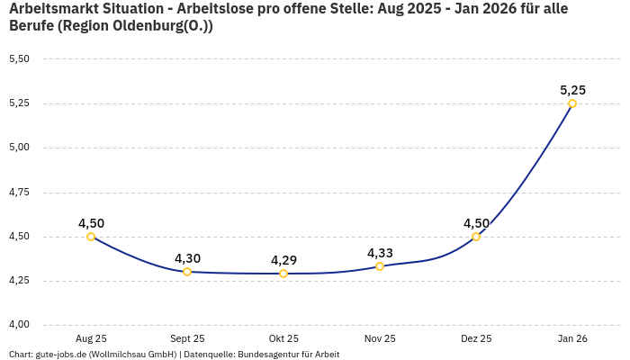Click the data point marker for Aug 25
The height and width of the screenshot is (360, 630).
91,237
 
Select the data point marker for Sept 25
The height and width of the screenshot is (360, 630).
187,272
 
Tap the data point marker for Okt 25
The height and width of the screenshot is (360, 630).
283,274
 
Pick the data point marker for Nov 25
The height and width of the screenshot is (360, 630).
380,266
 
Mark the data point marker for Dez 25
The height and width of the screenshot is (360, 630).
476,237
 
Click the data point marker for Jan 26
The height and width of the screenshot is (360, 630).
572,103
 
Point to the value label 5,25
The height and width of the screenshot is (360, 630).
572,90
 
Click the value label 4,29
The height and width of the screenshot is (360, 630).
283,260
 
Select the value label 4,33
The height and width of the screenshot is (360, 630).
380,253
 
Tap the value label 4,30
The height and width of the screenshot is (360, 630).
187,258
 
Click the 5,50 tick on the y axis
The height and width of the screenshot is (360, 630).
19,59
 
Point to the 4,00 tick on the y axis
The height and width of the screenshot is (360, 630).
19,325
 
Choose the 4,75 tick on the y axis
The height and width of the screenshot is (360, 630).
19,193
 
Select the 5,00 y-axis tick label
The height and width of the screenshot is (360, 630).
19,148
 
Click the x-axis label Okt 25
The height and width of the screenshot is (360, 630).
283,338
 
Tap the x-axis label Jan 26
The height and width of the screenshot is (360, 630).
572,338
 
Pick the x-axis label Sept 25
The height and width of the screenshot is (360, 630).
187,338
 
